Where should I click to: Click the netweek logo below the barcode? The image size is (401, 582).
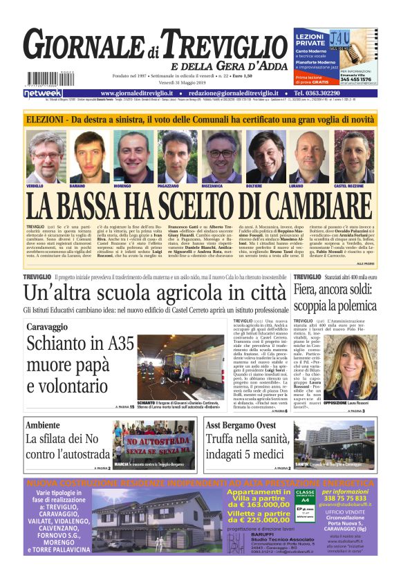tap(42, 93)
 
